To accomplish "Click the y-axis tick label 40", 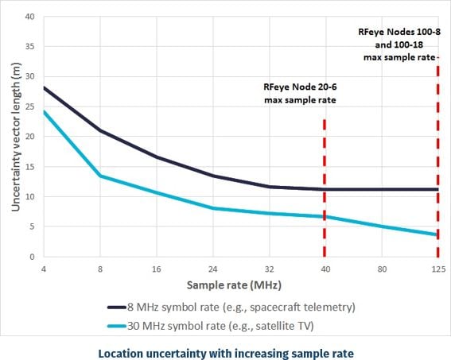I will [x=29, y=16].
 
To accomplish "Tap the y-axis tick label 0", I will [x=32, y=257].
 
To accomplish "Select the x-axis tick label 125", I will [x=437, y=269].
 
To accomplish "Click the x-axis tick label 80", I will [x=381, y=269].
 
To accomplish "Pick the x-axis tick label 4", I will [x=44, y=269].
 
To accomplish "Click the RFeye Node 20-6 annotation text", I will [x=300, y=94].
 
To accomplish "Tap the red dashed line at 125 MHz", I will [x=437, y=159].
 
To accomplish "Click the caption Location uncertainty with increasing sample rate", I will [x=225, y=350].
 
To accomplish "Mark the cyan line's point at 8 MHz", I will [x=100, y=176].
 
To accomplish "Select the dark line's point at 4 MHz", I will [x=44, y=87].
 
